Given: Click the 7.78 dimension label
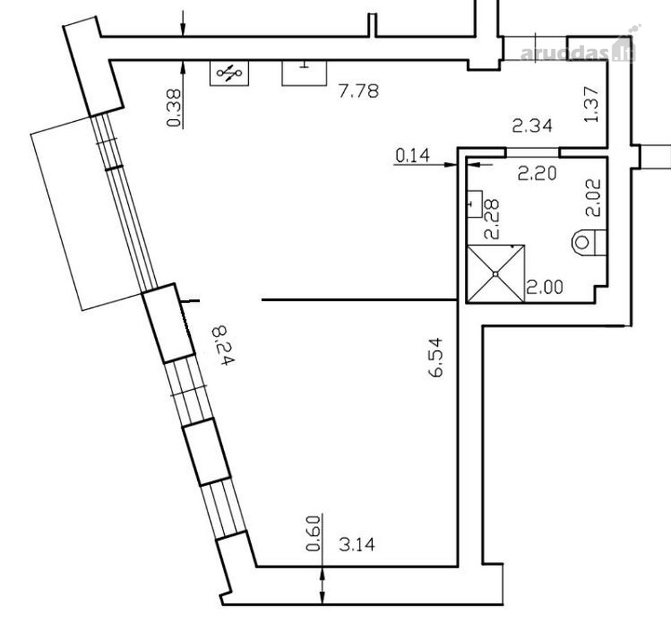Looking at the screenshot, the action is click(x=358, y=91).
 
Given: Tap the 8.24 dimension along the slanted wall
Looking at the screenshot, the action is click(x=224, y=345).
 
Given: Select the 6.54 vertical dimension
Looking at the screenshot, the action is click(x=436, y=357).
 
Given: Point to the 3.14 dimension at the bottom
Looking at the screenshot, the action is click(x=357, y=545).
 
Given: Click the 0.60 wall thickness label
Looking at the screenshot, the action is click(x=313, y=533).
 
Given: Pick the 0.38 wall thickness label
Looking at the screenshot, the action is click(x=174, y=108).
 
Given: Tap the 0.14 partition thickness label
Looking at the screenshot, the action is click(x=412, y=155).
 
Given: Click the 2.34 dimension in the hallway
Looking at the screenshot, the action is click(x=533, y=125).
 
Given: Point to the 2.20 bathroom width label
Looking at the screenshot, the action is click(x=537, y=174).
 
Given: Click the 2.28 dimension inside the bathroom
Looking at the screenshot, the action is click(x=492, y=218).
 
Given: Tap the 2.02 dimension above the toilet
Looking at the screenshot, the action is click(x=594, y=197).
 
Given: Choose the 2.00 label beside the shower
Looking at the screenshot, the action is click(x=544, y=287).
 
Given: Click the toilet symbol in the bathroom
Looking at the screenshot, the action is click(x=589, y=242).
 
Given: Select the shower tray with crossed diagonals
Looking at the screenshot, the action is click(x=496, y=273).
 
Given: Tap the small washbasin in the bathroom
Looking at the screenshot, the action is click(x=475, y=204).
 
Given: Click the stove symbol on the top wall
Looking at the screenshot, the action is click(x=230, y=73).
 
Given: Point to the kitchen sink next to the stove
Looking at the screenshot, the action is click(x=304, y=73).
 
